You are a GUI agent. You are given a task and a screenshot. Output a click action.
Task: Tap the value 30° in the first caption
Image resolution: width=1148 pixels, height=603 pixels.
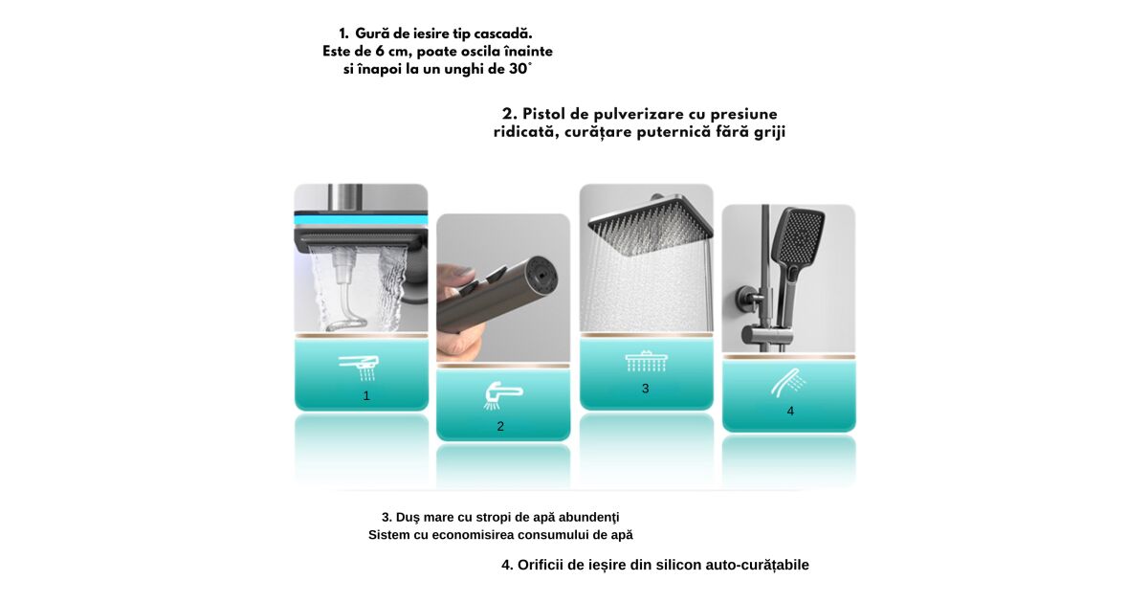coord(520,69)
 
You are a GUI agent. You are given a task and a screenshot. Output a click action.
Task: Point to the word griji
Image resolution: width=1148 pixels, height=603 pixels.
coord(770,133)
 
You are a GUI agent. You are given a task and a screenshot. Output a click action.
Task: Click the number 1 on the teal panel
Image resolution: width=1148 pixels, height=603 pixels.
coord(365,396)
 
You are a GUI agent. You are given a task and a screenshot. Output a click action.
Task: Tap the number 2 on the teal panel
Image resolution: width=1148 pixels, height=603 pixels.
coord(500,426)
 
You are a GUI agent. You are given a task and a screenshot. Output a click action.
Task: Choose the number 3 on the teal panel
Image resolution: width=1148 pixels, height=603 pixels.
coord(645,389)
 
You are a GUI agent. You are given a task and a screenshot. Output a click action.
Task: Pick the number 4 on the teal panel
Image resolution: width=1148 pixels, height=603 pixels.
coord(790,412)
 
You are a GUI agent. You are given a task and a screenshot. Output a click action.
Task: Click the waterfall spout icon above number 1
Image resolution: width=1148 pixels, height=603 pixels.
coord(360,368)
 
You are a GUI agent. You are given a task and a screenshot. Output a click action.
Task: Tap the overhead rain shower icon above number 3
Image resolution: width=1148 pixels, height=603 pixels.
coord(646,361)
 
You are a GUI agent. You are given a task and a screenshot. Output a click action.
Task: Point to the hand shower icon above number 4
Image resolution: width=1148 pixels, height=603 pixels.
coord(788,383)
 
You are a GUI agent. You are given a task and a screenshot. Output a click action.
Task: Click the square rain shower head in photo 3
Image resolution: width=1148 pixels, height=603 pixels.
coord(651,225)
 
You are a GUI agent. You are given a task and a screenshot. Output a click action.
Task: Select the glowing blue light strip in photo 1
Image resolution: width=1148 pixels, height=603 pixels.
coord(361,220)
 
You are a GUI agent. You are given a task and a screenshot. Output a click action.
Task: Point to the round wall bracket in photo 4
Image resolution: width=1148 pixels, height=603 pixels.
coord(746,299)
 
